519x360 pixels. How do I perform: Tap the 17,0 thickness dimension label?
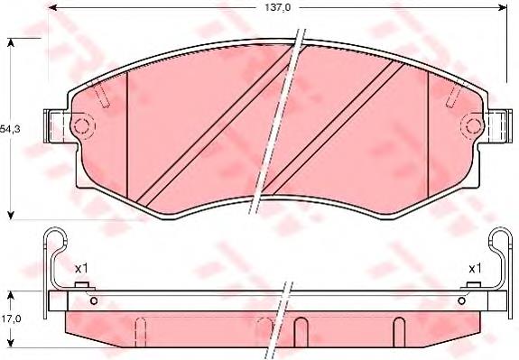[x=10, y=318]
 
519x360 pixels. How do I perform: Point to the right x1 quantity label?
[x=474, y=268]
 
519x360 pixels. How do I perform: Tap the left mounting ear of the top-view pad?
[x=57, y=125]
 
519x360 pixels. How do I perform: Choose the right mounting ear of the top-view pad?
[x=496, y=125]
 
